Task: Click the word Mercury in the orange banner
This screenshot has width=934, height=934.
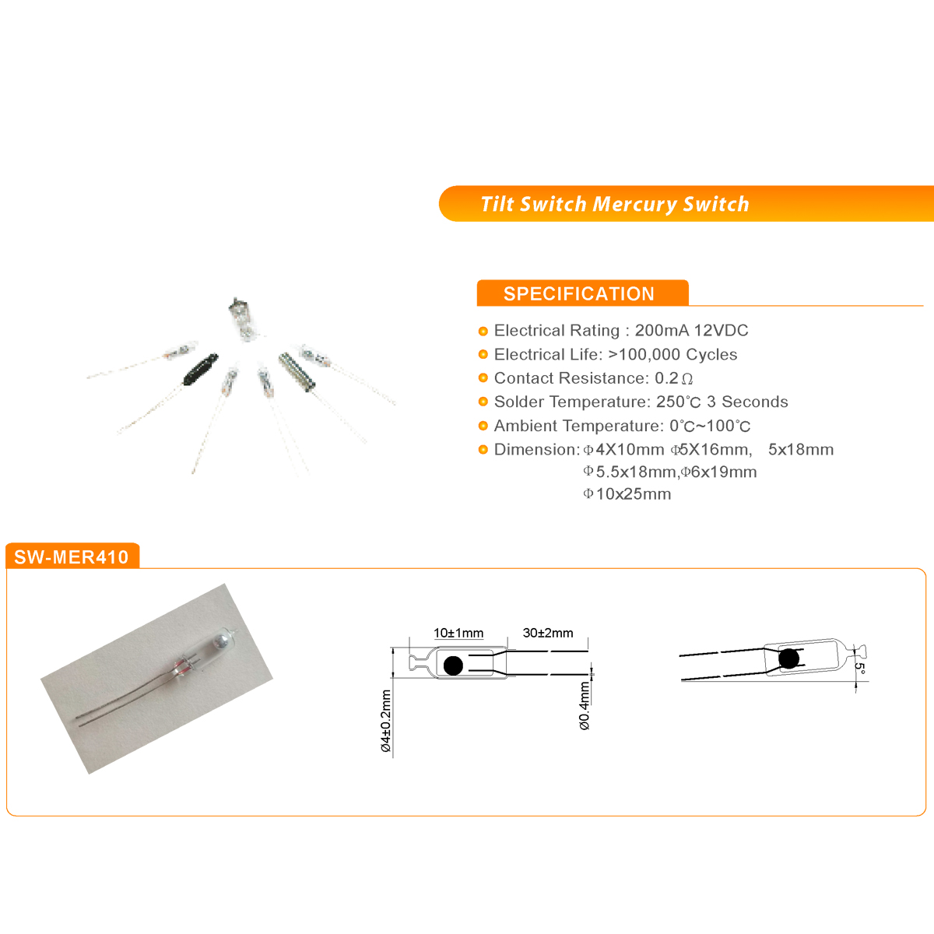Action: (x=634, y=205)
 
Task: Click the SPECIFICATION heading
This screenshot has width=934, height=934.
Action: (x=579, y=293)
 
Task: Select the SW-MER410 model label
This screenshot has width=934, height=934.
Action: (x=72, y=557)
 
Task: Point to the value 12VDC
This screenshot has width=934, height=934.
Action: (x=722, y=330)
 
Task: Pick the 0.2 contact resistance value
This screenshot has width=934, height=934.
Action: (x=666, y=378)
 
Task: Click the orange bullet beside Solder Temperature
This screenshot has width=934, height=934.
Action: (x=483, y=402)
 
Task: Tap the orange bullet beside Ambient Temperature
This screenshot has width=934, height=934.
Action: (x=483, y=426)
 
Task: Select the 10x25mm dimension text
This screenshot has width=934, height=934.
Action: (x=633, y=494)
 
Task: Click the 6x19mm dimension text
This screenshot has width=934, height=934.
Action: (x=724, y=472)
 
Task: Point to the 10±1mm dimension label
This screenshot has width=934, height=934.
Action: (x=458, y=633)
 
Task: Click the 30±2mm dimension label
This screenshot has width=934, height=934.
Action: (x=548, y=633)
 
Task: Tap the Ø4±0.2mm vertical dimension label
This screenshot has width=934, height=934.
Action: (x=386, y=721)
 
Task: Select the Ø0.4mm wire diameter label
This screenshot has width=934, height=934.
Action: (x=585, y=706)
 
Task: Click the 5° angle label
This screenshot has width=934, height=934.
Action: (x=860, y=669)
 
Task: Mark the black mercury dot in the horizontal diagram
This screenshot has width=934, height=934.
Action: (x=453, y=665)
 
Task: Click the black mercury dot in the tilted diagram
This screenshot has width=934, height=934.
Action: (x=788, y=658)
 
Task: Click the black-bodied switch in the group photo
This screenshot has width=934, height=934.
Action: (x=201, y=367)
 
